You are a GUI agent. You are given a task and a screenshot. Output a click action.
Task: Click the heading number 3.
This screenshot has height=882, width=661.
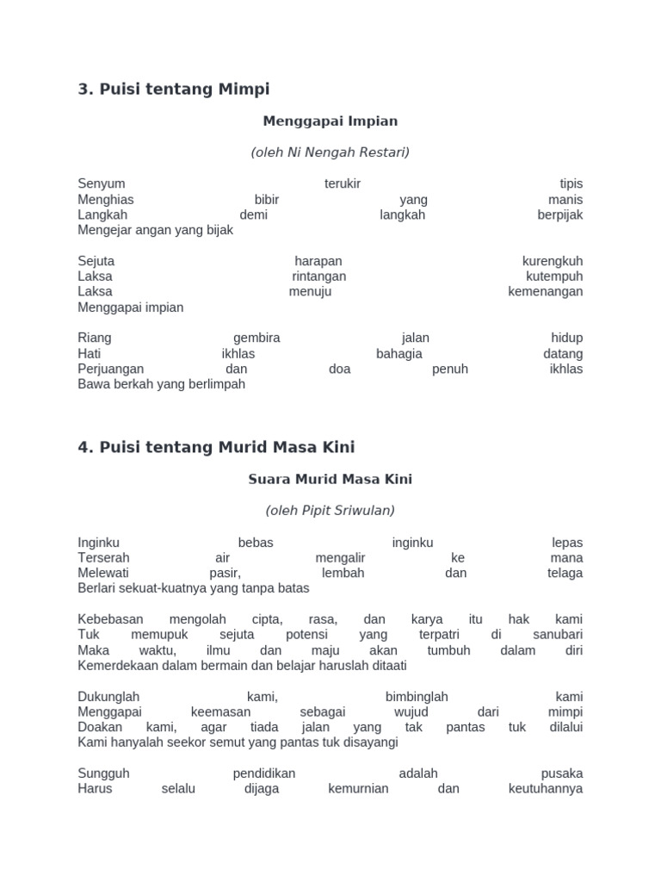(x=83, y=89)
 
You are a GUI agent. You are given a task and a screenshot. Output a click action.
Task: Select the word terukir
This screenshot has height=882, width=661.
(x=343, y=184)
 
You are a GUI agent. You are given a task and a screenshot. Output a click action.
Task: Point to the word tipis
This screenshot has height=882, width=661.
(x=571, y=184)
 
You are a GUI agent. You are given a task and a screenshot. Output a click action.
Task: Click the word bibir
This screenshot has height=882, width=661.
(x=267, y=200)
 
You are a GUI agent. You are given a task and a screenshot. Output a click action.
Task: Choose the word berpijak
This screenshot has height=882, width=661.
(x=559, y=215)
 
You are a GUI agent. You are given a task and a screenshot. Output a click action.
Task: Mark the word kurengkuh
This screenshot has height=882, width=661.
(x=553, y=261)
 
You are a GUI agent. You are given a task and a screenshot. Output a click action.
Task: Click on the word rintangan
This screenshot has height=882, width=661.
(x=318, y=276)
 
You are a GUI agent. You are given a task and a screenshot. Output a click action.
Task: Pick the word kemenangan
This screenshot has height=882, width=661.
(x=545, y=292)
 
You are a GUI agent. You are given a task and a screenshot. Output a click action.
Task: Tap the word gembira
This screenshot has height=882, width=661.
(x=256, y=339)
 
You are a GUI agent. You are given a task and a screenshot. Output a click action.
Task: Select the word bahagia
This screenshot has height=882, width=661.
(x=399, y=354)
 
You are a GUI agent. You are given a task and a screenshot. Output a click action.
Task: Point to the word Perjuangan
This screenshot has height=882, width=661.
(x=111, y=370)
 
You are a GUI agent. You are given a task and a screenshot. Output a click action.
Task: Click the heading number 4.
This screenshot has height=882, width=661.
(x=83, y=448)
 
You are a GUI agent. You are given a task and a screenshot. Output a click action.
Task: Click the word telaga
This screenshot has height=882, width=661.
(x=565, y=574)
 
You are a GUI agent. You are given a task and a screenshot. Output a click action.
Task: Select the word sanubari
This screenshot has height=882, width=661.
(x=558, y=636)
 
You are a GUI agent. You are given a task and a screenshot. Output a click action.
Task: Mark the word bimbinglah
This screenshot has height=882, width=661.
(x=417, y=697)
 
